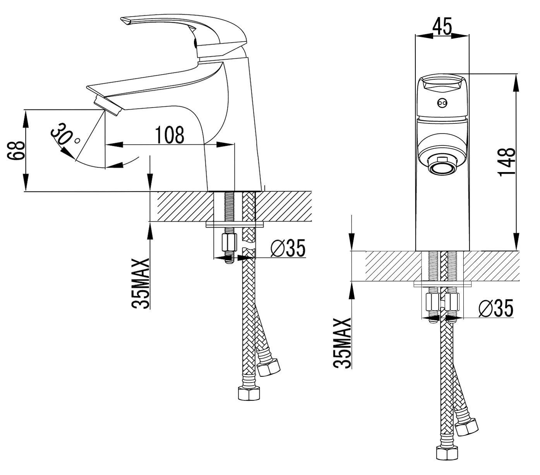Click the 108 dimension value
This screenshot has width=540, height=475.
(x=169, y=134)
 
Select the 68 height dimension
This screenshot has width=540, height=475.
(x=16, y=151)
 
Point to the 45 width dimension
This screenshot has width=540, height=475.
(x=442, y=26)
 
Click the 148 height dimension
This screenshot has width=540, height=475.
(x=507, y=162)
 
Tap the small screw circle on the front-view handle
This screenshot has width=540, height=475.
(x=442, y=103)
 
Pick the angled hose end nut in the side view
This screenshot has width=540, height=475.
(x=269, y=367)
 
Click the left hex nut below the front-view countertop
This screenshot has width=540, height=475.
(x=432, y=301)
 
